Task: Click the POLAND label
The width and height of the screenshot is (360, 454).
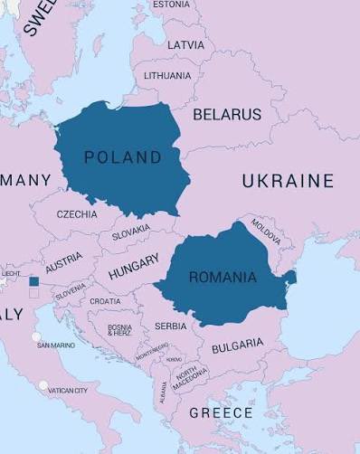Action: tap(123, 157)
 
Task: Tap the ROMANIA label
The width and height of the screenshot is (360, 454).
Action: tap(223, 278)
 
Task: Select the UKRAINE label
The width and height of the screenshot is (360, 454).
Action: tap(288, 181)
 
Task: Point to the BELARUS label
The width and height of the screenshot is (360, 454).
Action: tap(226, 115)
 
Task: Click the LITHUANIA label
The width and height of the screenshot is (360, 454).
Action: tap(167, 75)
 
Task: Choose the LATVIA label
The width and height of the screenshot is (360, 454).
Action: tap(186, 44)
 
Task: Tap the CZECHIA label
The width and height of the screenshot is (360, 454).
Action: tap(77, 215)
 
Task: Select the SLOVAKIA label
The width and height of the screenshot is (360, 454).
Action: tap(131, 233)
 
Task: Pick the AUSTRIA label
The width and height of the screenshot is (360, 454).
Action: tap(63, 263)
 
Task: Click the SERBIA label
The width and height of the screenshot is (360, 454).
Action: tap(171, 326)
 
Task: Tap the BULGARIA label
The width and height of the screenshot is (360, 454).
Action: tap(237, 345)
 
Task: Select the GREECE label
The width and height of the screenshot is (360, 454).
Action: tap(221, 412)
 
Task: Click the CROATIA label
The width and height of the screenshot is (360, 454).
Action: tap(105, 301)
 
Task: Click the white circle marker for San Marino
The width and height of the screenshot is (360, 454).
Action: tap(36, 337)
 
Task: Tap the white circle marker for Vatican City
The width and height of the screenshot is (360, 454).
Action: tap(43, 385)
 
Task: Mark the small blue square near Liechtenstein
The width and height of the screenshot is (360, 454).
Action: tap(34, 282)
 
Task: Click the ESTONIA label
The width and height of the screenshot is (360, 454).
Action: tap(171, 5)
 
